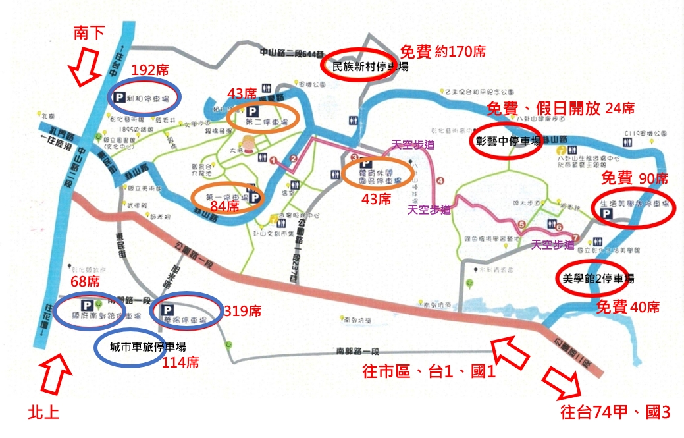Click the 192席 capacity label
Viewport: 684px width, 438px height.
click(x=149, y=70)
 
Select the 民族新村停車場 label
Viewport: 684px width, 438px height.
click(x=369, y=66)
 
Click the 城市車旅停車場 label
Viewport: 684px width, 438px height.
click(x=147, y=346)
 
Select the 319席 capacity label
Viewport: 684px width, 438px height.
click(x=243, y=310)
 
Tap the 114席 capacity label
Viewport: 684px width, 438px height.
click(x=180, y=362)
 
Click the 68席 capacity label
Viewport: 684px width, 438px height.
click(x=84, y=282)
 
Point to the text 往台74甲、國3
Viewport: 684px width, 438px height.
click(x=615, y=414)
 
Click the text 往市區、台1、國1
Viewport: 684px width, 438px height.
click(x=429, y=371)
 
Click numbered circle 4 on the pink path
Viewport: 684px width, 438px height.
click(x=440, y=180)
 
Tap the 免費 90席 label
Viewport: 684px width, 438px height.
click(x=635, y=178)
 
